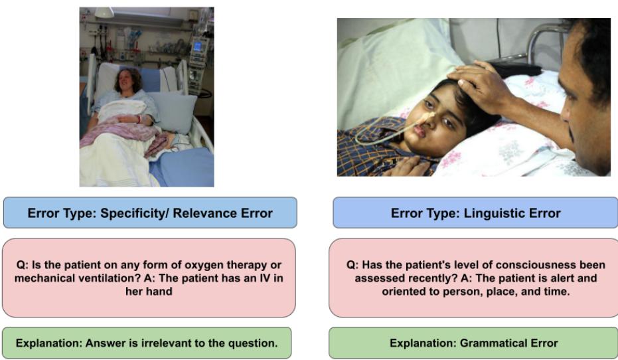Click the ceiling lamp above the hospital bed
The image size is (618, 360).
click(104, 12)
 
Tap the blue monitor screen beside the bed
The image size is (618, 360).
click(197, 46)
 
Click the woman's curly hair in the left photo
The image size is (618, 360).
click(128, 80)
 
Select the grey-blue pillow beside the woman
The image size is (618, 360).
click(173, 112)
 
